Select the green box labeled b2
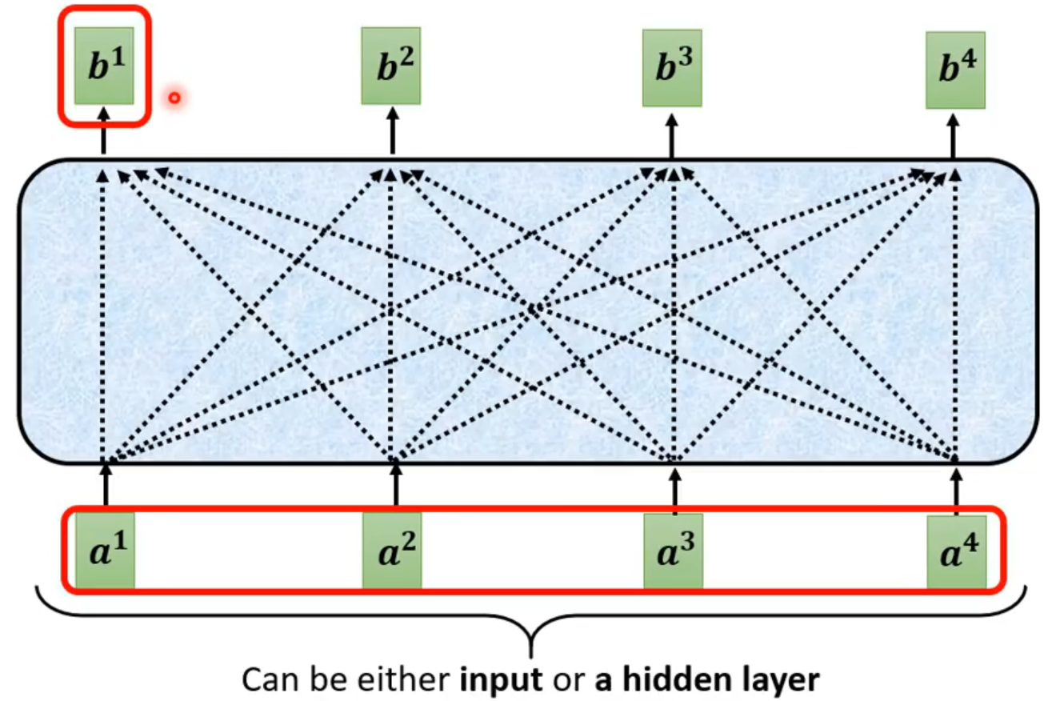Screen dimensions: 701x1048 tap(390, 66)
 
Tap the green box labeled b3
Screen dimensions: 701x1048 tap(672, 68)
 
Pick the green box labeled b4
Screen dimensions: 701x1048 tap(955, 70)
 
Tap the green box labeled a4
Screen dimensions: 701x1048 tap(956, 552)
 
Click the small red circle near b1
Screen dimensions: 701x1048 tap(174, 98)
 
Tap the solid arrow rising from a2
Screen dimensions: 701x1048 tap(395, 484)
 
